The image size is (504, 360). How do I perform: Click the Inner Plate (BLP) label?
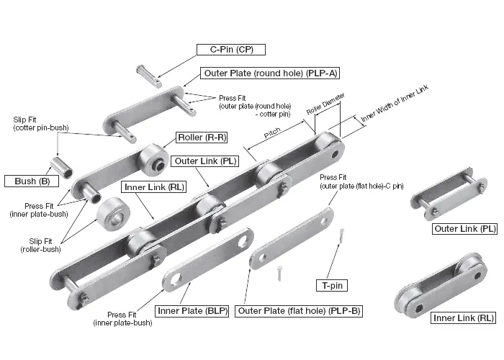pyautogui.click(x=192, y=311)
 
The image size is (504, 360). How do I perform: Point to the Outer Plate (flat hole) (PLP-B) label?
pyautogui.click(x=299, y=311)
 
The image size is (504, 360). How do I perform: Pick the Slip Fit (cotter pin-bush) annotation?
pyautogui.click(x=40, y=123)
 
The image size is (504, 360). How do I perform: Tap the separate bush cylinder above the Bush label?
pyautogui.click(x=66, y=166)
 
